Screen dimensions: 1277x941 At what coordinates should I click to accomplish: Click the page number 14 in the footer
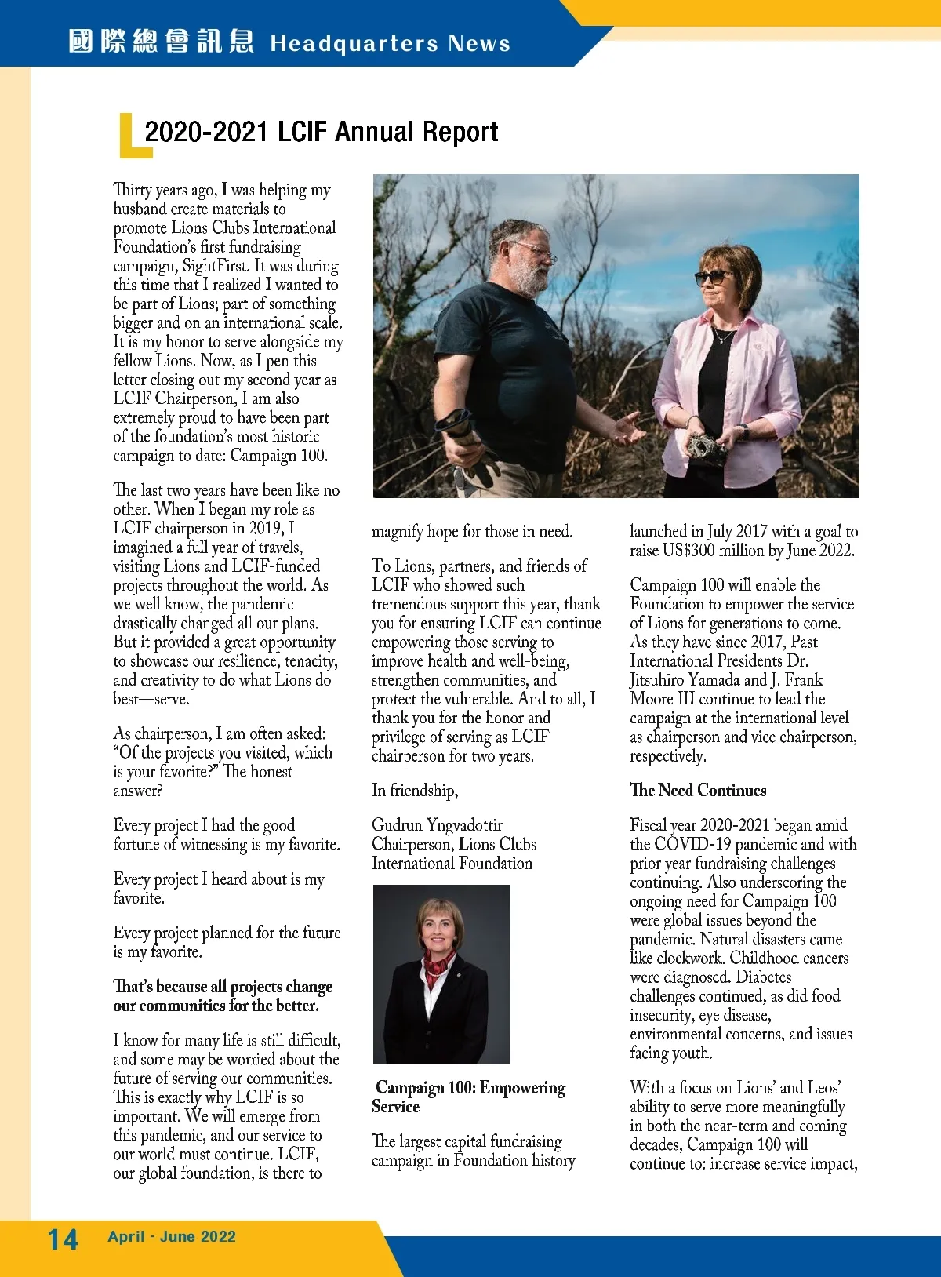click(x=63, y=1239)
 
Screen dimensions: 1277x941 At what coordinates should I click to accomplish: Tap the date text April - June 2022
click(x=172, y=1237)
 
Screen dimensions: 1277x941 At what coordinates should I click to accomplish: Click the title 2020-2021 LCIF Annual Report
click(x=321, y=132)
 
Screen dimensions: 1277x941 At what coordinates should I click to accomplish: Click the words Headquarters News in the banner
click(x=390, y=43)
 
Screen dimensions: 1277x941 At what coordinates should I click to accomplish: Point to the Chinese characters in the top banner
click(x=161, y=42)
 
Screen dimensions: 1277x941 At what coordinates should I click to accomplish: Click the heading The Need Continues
click(x=698, y=791)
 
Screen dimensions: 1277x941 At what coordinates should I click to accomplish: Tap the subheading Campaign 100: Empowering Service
click(x=469, y=1097)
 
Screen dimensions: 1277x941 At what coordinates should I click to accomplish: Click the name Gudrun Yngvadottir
click(x=437, y=825)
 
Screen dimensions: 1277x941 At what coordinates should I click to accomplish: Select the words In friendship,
click(x=415, y=791)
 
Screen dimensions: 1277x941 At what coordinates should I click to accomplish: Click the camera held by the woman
click(x=705, y=448)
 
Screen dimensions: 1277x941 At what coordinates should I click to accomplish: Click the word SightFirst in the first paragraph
click(x=216, y=266)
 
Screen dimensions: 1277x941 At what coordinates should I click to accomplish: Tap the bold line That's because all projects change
click(x=223, y=987)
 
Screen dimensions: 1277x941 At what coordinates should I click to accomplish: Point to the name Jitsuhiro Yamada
click(x=685, y=680)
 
